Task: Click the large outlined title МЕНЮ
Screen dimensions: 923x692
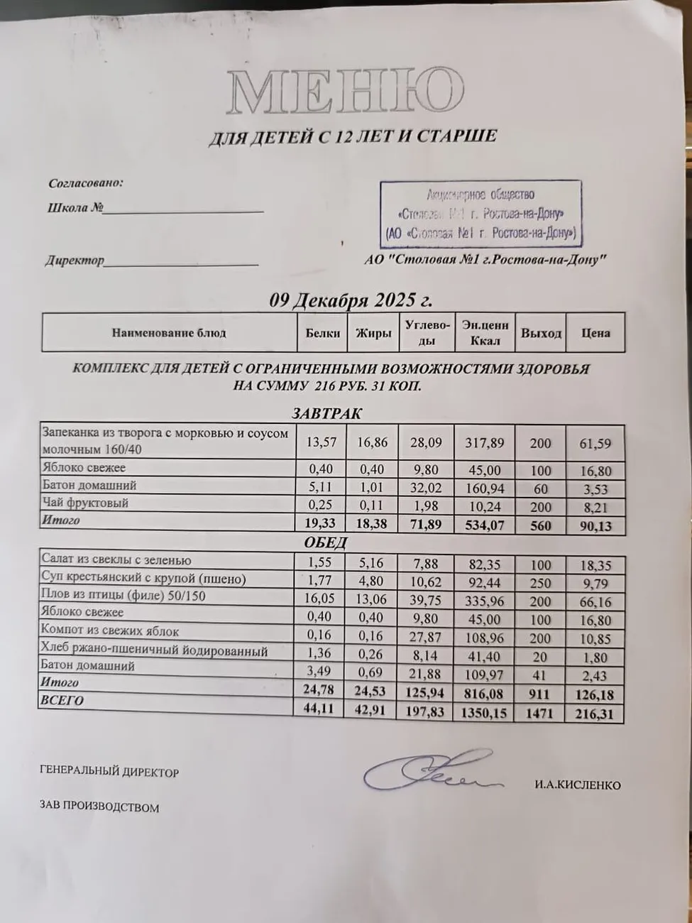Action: pyautogui.click(x=345, y=92)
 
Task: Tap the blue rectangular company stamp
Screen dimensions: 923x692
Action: pyautogui.click(x=480, y=214)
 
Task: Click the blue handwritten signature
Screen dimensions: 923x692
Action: pyautogui.click(x=429, y=772)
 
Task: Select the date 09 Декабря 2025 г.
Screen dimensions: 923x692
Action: pyautogui.click(x=351, y=300)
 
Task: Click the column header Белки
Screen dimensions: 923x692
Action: pyautogui.click(x=323, y=333)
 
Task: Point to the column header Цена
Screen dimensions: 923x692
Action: pyautogui.click(x=595, y=333)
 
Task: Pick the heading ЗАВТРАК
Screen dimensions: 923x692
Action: pyautogui.click(x=327, y=414)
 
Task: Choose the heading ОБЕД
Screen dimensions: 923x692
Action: pyautogui.click(x=326, y=543)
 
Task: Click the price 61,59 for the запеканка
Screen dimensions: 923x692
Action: pyautogui.click(x=595, y=443)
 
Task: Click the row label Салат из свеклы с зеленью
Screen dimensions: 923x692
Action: pyautogui.click(x=116, y=560)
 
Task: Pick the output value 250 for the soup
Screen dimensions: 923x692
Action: pyautogui.click(x=540, y=583)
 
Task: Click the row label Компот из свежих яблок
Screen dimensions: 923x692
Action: pyautogui.click(x=110, y=631)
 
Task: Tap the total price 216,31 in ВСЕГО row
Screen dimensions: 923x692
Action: pyautogui.click(x=595, y=714)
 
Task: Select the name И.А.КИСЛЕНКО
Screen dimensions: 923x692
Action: pyautogui.click(x=578, y=785)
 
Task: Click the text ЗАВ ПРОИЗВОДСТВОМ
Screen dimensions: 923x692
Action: pyautogui.click(x=99, y=807)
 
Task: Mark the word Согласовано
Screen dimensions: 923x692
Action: pyautogui.click(x=86, y=183)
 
